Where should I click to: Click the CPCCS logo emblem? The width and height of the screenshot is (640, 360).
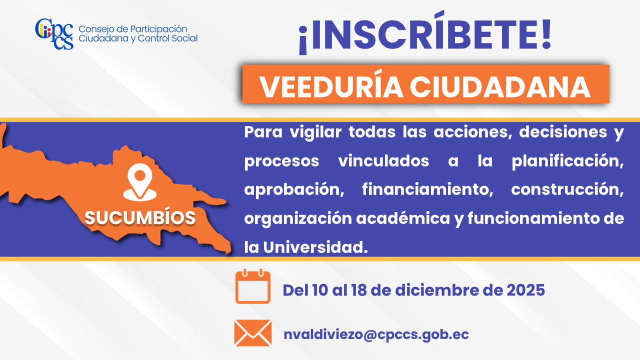[x=54, y=34]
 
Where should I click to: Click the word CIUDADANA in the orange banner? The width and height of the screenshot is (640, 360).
[x=500, y=87]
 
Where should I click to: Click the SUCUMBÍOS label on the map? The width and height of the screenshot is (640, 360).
[x=140, y=217]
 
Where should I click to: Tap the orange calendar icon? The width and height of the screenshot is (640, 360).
[x=253, y=286]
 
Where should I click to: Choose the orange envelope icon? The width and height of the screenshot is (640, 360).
[x=253, y=333]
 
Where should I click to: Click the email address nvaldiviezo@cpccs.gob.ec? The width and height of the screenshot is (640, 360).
[x=376, y=334]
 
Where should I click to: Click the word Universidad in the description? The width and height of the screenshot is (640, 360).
[x=315, y=247]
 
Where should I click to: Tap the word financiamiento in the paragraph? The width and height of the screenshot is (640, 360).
[x=427, y=189]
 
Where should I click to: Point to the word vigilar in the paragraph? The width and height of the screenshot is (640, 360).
[x=315, y=132]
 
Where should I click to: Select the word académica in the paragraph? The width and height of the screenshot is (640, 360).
[x=403, y=218]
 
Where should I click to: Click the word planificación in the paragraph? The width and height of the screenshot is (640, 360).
[x=567, y=161]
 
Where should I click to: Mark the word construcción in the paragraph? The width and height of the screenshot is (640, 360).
[x=567, y=189]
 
